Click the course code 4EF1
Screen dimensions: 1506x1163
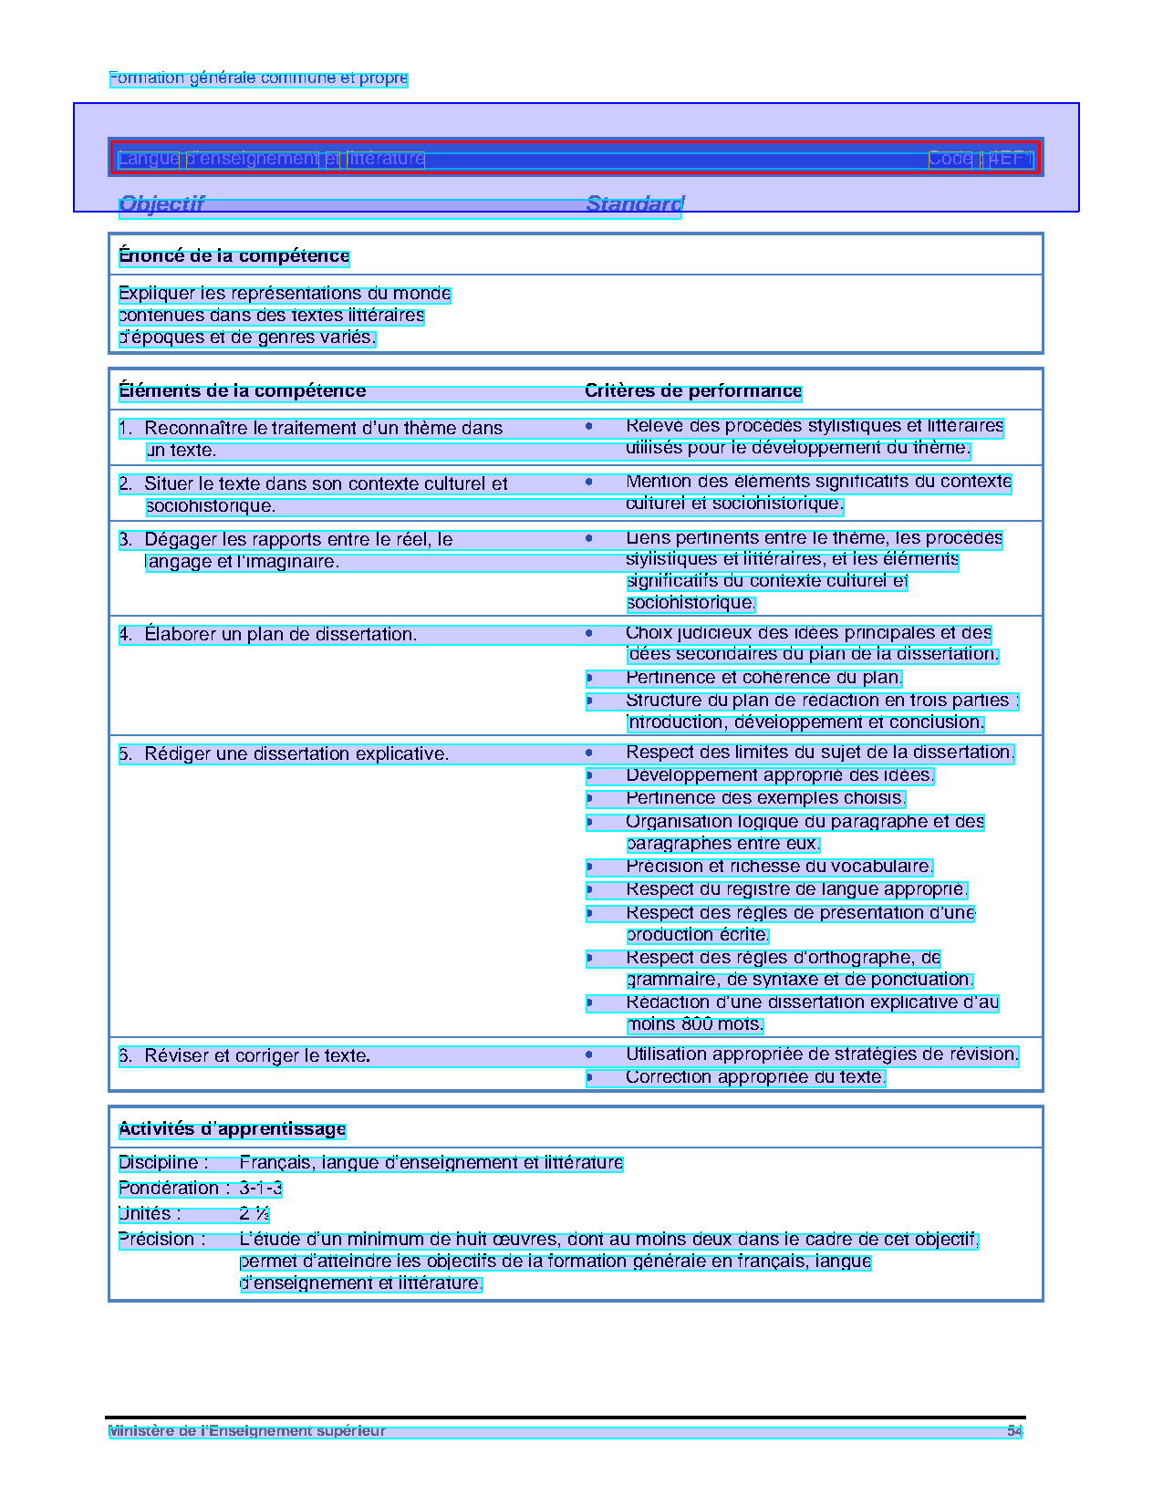[1011, 159]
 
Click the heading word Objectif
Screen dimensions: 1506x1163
[161, 203]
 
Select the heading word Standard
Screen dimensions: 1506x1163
[634, 203]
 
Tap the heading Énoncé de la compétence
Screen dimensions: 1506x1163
[234, 256]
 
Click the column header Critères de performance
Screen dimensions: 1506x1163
[693, 391]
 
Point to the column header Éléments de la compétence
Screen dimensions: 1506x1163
[242, 391]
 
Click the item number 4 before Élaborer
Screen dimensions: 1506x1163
[125, 634]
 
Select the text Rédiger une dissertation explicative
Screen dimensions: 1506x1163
[296, 754]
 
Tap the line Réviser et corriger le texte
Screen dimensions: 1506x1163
[256, 1056]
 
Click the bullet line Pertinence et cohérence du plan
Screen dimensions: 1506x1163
[763, 678]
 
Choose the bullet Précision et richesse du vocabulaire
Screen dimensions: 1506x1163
[779, 867]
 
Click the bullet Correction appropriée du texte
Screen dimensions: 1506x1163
[755, 1077]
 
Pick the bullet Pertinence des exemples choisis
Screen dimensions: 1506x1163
[765, 798]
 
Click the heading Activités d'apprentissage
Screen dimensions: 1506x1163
[233, 1129]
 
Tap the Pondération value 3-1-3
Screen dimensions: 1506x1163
[261, 1189]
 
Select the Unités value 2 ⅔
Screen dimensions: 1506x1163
[254, 1214]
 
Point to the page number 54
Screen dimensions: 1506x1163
[1014, 1431]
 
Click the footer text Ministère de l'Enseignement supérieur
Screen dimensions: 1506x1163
[246, 1431]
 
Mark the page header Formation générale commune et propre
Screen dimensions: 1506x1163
[258, 78]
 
